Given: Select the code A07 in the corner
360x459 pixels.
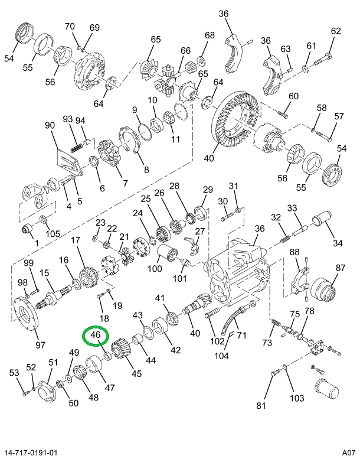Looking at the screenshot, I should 346,453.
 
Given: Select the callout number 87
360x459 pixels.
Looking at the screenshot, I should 341,268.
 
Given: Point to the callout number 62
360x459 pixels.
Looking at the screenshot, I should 336,31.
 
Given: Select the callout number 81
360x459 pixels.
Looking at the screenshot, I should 261,405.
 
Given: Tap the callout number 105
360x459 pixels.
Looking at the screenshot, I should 53,234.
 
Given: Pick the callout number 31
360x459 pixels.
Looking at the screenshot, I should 234,187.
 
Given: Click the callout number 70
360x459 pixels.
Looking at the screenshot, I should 70,26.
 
